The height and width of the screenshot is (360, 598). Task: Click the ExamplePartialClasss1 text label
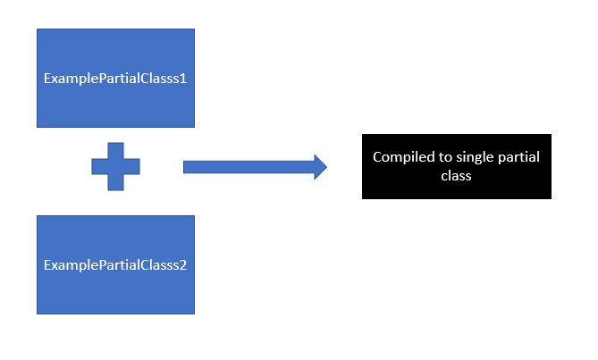(x=114, y=78)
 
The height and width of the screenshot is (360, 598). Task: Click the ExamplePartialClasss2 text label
(x=114, y=265)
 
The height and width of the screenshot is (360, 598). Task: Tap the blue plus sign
(x=116, y=167)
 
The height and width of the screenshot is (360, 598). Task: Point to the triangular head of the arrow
(x=320, y=167)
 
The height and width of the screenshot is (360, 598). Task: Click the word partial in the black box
(x=517, y=157)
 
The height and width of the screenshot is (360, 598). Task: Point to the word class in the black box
(x=456, y=176)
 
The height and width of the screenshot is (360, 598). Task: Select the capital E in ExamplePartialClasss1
(x=47, y=78)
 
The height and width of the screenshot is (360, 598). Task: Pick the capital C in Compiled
(x=377, y=157)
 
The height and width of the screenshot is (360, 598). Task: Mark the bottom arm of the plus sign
(x=116, y=182)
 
